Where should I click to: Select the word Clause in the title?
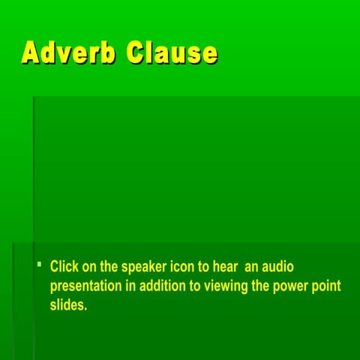172,52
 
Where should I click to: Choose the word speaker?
145,267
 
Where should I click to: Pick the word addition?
162,286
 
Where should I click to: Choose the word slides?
67,306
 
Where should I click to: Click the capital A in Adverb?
31,52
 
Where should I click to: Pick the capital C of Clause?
137,52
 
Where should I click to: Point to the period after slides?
86,310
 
